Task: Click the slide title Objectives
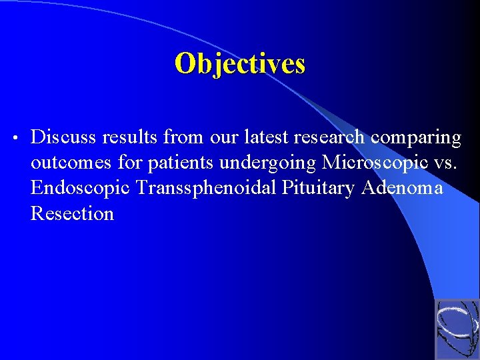(239, 64)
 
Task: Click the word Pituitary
(319, 189)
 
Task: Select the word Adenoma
(402, 188)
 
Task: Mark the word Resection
(72, 213)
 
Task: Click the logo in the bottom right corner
(457, 330)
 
